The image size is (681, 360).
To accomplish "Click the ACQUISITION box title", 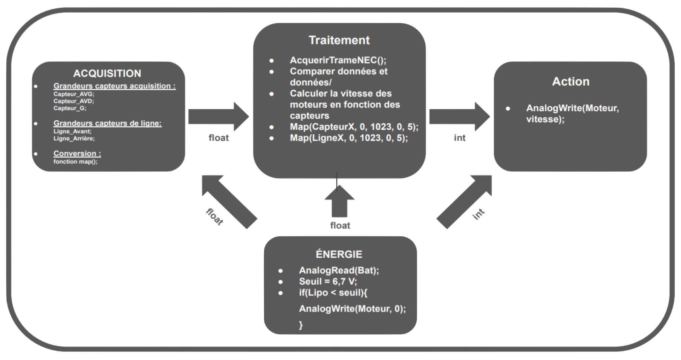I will pyautogui.click(x=107, y=73).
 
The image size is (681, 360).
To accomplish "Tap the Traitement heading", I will pyautogui.click(x=339, y=40).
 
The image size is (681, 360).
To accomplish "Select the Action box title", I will pyautogui.click(x=571, y=82).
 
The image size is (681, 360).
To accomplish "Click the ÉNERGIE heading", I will pyautogui.click(x=339, y=254).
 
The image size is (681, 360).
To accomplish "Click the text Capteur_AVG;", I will pyautogui.click(x=74, y=94).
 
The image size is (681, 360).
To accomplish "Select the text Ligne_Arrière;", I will pyautogui.click(x=74, y=139).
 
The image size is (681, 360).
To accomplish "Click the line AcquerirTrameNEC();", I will pyautogui.click(x=338, y=60).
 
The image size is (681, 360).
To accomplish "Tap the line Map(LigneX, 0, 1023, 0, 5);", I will pyautogui.click(x=349, y=138).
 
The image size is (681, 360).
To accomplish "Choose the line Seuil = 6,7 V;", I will pyautogui.click(x=328, y=282).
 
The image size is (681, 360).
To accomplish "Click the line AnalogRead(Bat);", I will pyautogui.click(x=339, y=270).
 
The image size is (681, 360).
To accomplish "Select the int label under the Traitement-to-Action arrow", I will pyautogui.click(x=460, y=138).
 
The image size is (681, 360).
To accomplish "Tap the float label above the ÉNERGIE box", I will pyautogui.click(x=340, y=226).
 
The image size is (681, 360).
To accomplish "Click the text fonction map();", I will pyautogui.click(x=75, y=162).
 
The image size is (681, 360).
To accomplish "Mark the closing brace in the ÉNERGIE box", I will pyautogui.click(x=301, y=325).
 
